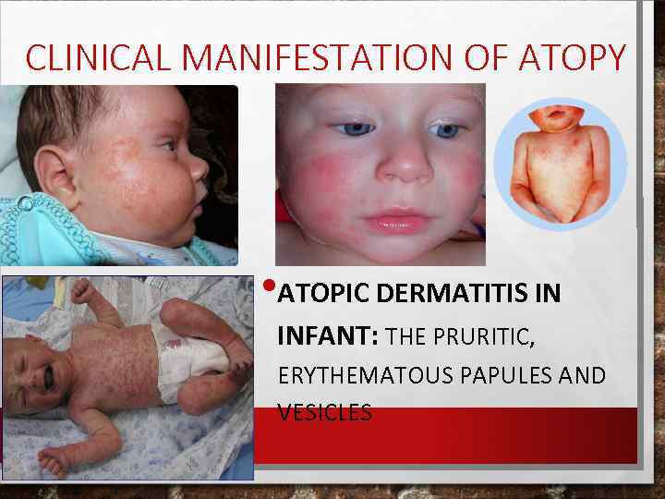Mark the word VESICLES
pos(324,413)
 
